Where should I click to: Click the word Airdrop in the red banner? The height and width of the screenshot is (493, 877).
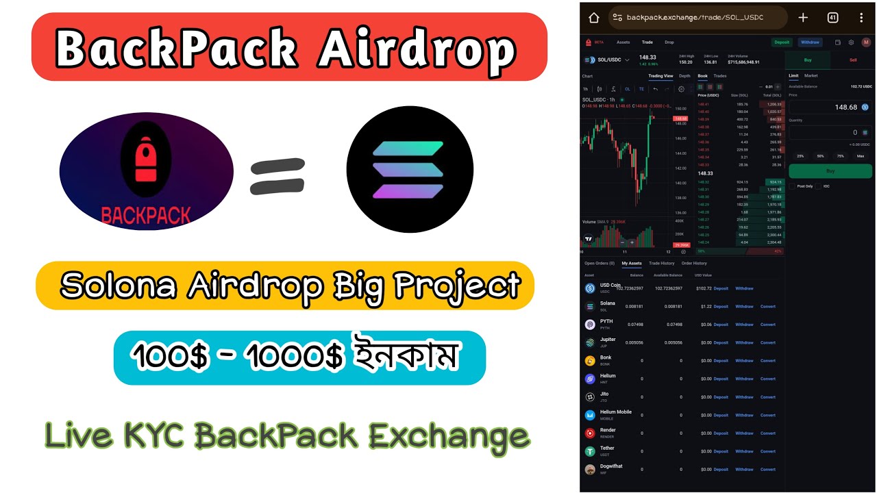click(417, 49)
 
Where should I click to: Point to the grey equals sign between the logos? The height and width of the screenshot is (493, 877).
click(277, 176)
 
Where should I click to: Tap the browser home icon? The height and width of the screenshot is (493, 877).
click(593, 18)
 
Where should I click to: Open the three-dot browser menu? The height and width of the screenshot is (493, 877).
click(861, 18)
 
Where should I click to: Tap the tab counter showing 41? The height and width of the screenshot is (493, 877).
click(833, 18)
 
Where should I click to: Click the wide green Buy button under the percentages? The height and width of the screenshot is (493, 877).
click(830, 171)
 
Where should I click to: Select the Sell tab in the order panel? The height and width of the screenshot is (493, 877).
click(853, 60)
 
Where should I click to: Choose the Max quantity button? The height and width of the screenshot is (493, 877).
click(861, 156)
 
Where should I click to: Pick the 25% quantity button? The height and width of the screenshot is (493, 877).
click(800, 156)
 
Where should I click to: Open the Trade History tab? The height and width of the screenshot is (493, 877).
click(661, 263)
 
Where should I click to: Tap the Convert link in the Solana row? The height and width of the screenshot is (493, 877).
click(767, 307)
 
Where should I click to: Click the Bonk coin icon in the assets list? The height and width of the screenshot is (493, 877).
click(589, 361)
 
